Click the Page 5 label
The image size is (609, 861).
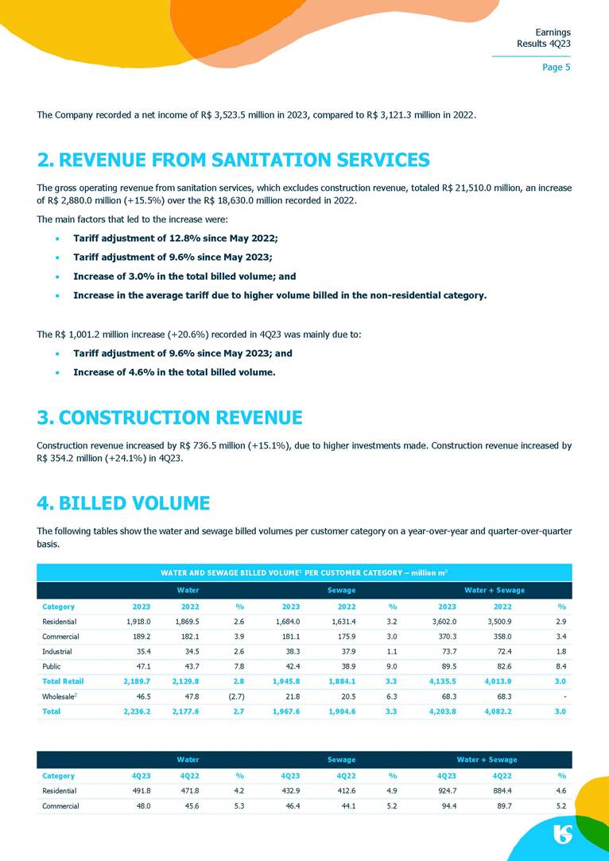tap(556, 68)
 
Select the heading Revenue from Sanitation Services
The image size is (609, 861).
tap(233, 160)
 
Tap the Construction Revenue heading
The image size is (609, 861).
tap(169, 417)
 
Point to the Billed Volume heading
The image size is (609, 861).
tap(123, 503)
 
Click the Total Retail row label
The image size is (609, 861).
tap(62, 681)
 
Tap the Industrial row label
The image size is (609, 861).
tap(57, 652)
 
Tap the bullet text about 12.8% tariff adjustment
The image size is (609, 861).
tap(175, 239)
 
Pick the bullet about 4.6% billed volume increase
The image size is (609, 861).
tap(174, 372)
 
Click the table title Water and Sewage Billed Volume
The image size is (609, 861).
tap(304, 572)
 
